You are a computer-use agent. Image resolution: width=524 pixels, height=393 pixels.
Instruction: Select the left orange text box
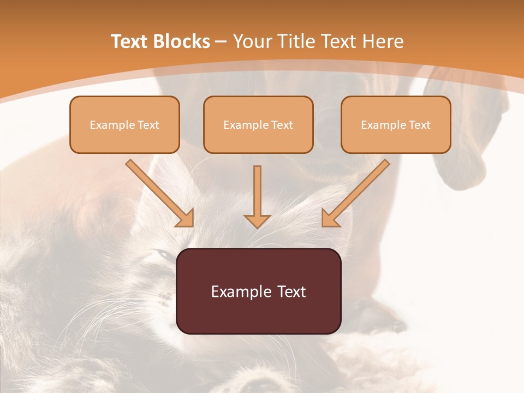coord(124,124)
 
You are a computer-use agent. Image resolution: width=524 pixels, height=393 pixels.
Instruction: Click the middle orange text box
coord(258,124)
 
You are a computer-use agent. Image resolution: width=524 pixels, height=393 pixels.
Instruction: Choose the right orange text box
coord(396,124)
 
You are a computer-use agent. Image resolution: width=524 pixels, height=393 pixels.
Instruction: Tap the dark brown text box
coord(258,291)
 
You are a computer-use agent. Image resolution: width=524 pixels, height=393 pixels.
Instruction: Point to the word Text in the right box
coord(420,125)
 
